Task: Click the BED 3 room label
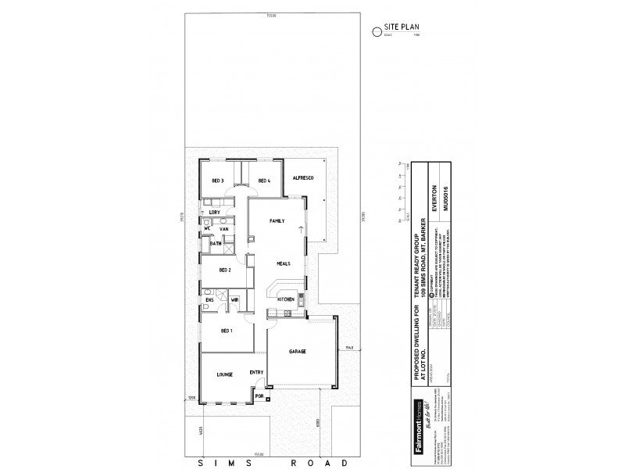[218, 181]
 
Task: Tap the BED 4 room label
[264, 181]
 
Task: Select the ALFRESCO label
[303, 179]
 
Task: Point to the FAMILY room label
[277, 222]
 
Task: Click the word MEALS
[283, 264]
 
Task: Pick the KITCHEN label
[285, 299]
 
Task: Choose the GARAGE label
[298, 351]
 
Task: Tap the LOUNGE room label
[226, 375]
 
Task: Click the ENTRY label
[257, 372]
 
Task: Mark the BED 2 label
[225, 270]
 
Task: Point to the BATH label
[216, 244]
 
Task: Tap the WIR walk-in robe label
[234, 299]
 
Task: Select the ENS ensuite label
[209, 299]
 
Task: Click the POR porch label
[259, 396]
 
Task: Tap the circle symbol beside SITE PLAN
[378, 31]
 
